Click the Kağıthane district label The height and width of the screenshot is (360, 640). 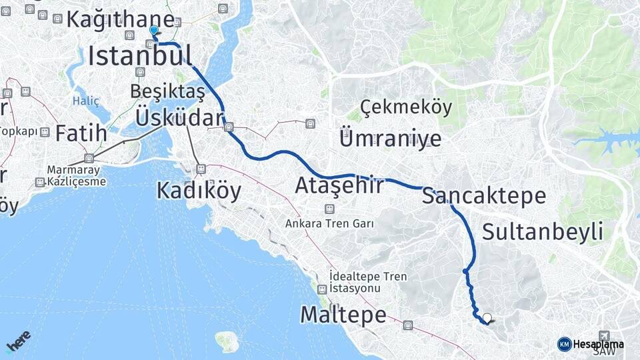point(120,20)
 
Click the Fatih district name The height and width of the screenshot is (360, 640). point(81,133)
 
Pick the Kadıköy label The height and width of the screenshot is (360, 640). point(198,191)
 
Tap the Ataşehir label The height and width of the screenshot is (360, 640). point(339,185)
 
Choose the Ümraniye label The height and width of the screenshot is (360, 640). point(390,139)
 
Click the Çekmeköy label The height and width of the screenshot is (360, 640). point(406,107)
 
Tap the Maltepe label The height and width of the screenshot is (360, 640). point(343,314)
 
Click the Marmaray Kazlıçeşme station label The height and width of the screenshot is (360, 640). point(77,175)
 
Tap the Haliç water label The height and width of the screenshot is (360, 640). point(85,101)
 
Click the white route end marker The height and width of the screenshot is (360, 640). point(487,318)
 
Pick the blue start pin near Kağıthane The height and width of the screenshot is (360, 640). point(154,30)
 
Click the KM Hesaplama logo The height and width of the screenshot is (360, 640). point(591,344)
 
